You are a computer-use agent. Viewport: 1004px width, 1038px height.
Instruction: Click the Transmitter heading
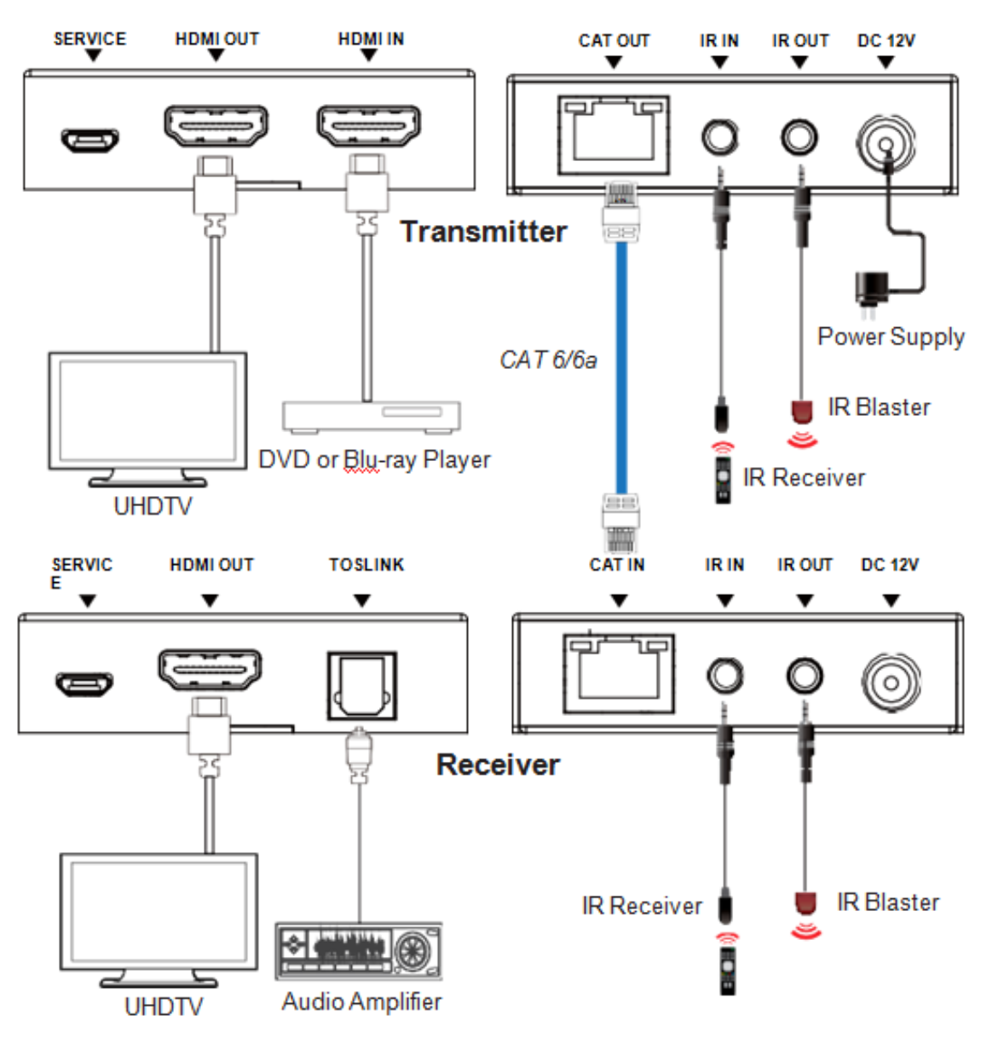483,232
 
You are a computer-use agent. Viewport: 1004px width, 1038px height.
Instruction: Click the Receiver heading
498,764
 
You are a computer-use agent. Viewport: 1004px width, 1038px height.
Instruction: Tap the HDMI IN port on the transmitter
368,126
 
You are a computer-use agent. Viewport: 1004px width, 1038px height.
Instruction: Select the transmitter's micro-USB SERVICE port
89,140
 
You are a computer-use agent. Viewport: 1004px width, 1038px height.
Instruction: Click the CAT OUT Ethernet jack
614,135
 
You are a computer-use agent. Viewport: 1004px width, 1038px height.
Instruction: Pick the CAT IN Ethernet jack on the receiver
619,673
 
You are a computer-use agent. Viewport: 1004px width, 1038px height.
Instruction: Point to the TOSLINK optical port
362,686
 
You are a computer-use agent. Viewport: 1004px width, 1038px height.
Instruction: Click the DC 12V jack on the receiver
891,682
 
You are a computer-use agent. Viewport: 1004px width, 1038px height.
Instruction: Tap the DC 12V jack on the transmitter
886,141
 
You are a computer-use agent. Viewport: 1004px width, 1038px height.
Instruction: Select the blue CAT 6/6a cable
622,366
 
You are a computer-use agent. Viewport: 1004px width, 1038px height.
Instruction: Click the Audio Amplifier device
359,950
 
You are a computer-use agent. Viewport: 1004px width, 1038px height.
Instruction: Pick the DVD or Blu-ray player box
372,416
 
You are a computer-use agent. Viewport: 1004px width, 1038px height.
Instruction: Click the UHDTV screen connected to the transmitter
147,410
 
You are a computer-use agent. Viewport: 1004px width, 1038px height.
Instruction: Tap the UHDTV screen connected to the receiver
159,911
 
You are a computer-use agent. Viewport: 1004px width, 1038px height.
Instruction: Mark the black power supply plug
871,286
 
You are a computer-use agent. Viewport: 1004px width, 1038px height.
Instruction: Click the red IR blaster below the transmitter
801,411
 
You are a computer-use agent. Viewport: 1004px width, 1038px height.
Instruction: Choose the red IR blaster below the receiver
805,902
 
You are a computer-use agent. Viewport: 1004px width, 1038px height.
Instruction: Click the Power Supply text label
891,337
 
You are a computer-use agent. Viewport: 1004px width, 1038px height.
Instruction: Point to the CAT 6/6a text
548,360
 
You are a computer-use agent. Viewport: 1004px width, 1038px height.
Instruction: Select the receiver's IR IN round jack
725,676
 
